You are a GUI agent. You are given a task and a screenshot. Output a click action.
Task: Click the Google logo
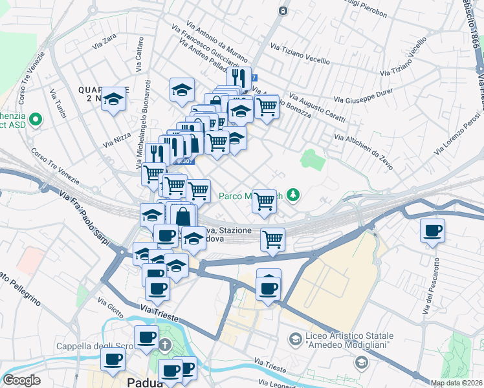click(22, 380)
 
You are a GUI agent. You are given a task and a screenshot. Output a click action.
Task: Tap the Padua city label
click(145, 382)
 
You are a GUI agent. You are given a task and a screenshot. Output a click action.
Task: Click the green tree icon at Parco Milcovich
click(294, 194)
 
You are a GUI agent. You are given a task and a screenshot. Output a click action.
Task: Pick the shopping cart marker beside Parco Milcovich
click(264, 200)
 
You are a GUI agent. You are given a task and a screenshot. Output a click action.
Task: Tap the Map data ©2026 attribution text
click(456, 383)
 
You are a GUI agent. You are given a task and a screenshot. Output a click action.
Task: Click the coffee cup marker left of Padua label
click(114, 360)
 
